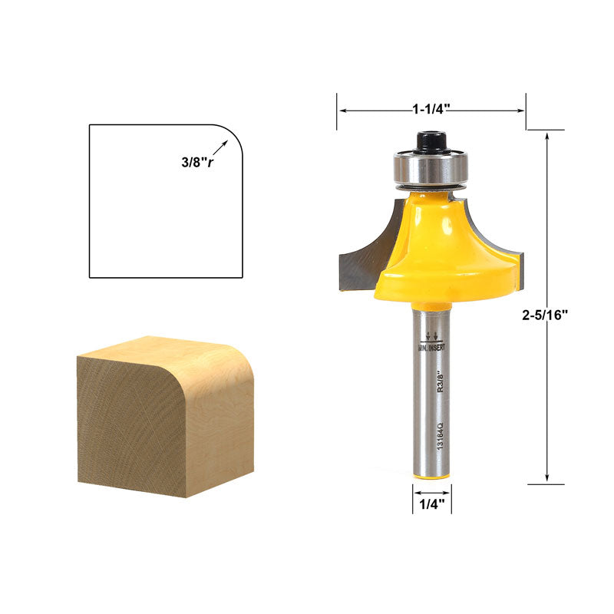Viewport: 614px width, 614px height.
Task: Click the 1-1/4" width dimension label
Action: (431, 109)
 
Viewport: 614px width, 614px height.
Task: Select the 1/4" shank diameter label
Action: (431, 504)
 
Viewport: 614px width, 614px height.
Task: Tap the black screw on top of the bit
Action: (431, 141)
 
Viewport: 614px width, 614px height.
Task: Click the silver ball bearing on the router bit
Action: (431, 168)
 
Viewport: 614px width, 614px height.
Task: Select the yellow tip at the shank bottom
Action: (431, 475)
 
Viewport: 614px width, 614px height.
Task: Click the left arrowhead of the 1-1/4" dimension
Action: (342, 111)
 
